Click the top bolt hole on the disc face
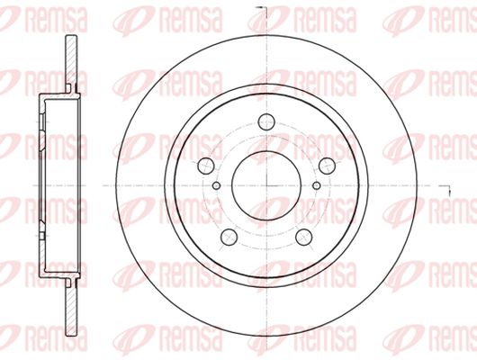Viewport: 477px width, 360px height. pyautogui.click(x=266, y=122)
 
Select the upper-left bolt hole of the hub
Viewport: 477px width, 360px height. pyautogui.click(x=206, y=166)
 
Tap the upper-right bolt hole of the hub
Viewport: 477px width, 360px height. pyautogui.click(x=327, y=166)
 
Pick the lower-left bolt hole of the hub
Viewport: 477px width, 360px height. pyautogui.click(x=229, y=237)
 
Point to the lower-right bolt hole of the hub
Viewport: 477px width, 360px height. pyautogui.click(x=304, y=237)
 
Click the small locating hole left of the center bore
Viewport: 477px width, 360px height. pyautogui.click(x=216, y=185)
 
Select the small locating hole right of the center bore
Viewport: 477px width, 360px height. pyautogui.click(x=317, y=185)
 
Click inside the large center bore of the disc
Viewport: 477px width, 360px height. pyautogui.click(x=266, y=185)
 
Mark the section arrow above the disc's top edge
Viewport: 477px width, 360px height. pyautogui.click(x=261, y=9)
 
